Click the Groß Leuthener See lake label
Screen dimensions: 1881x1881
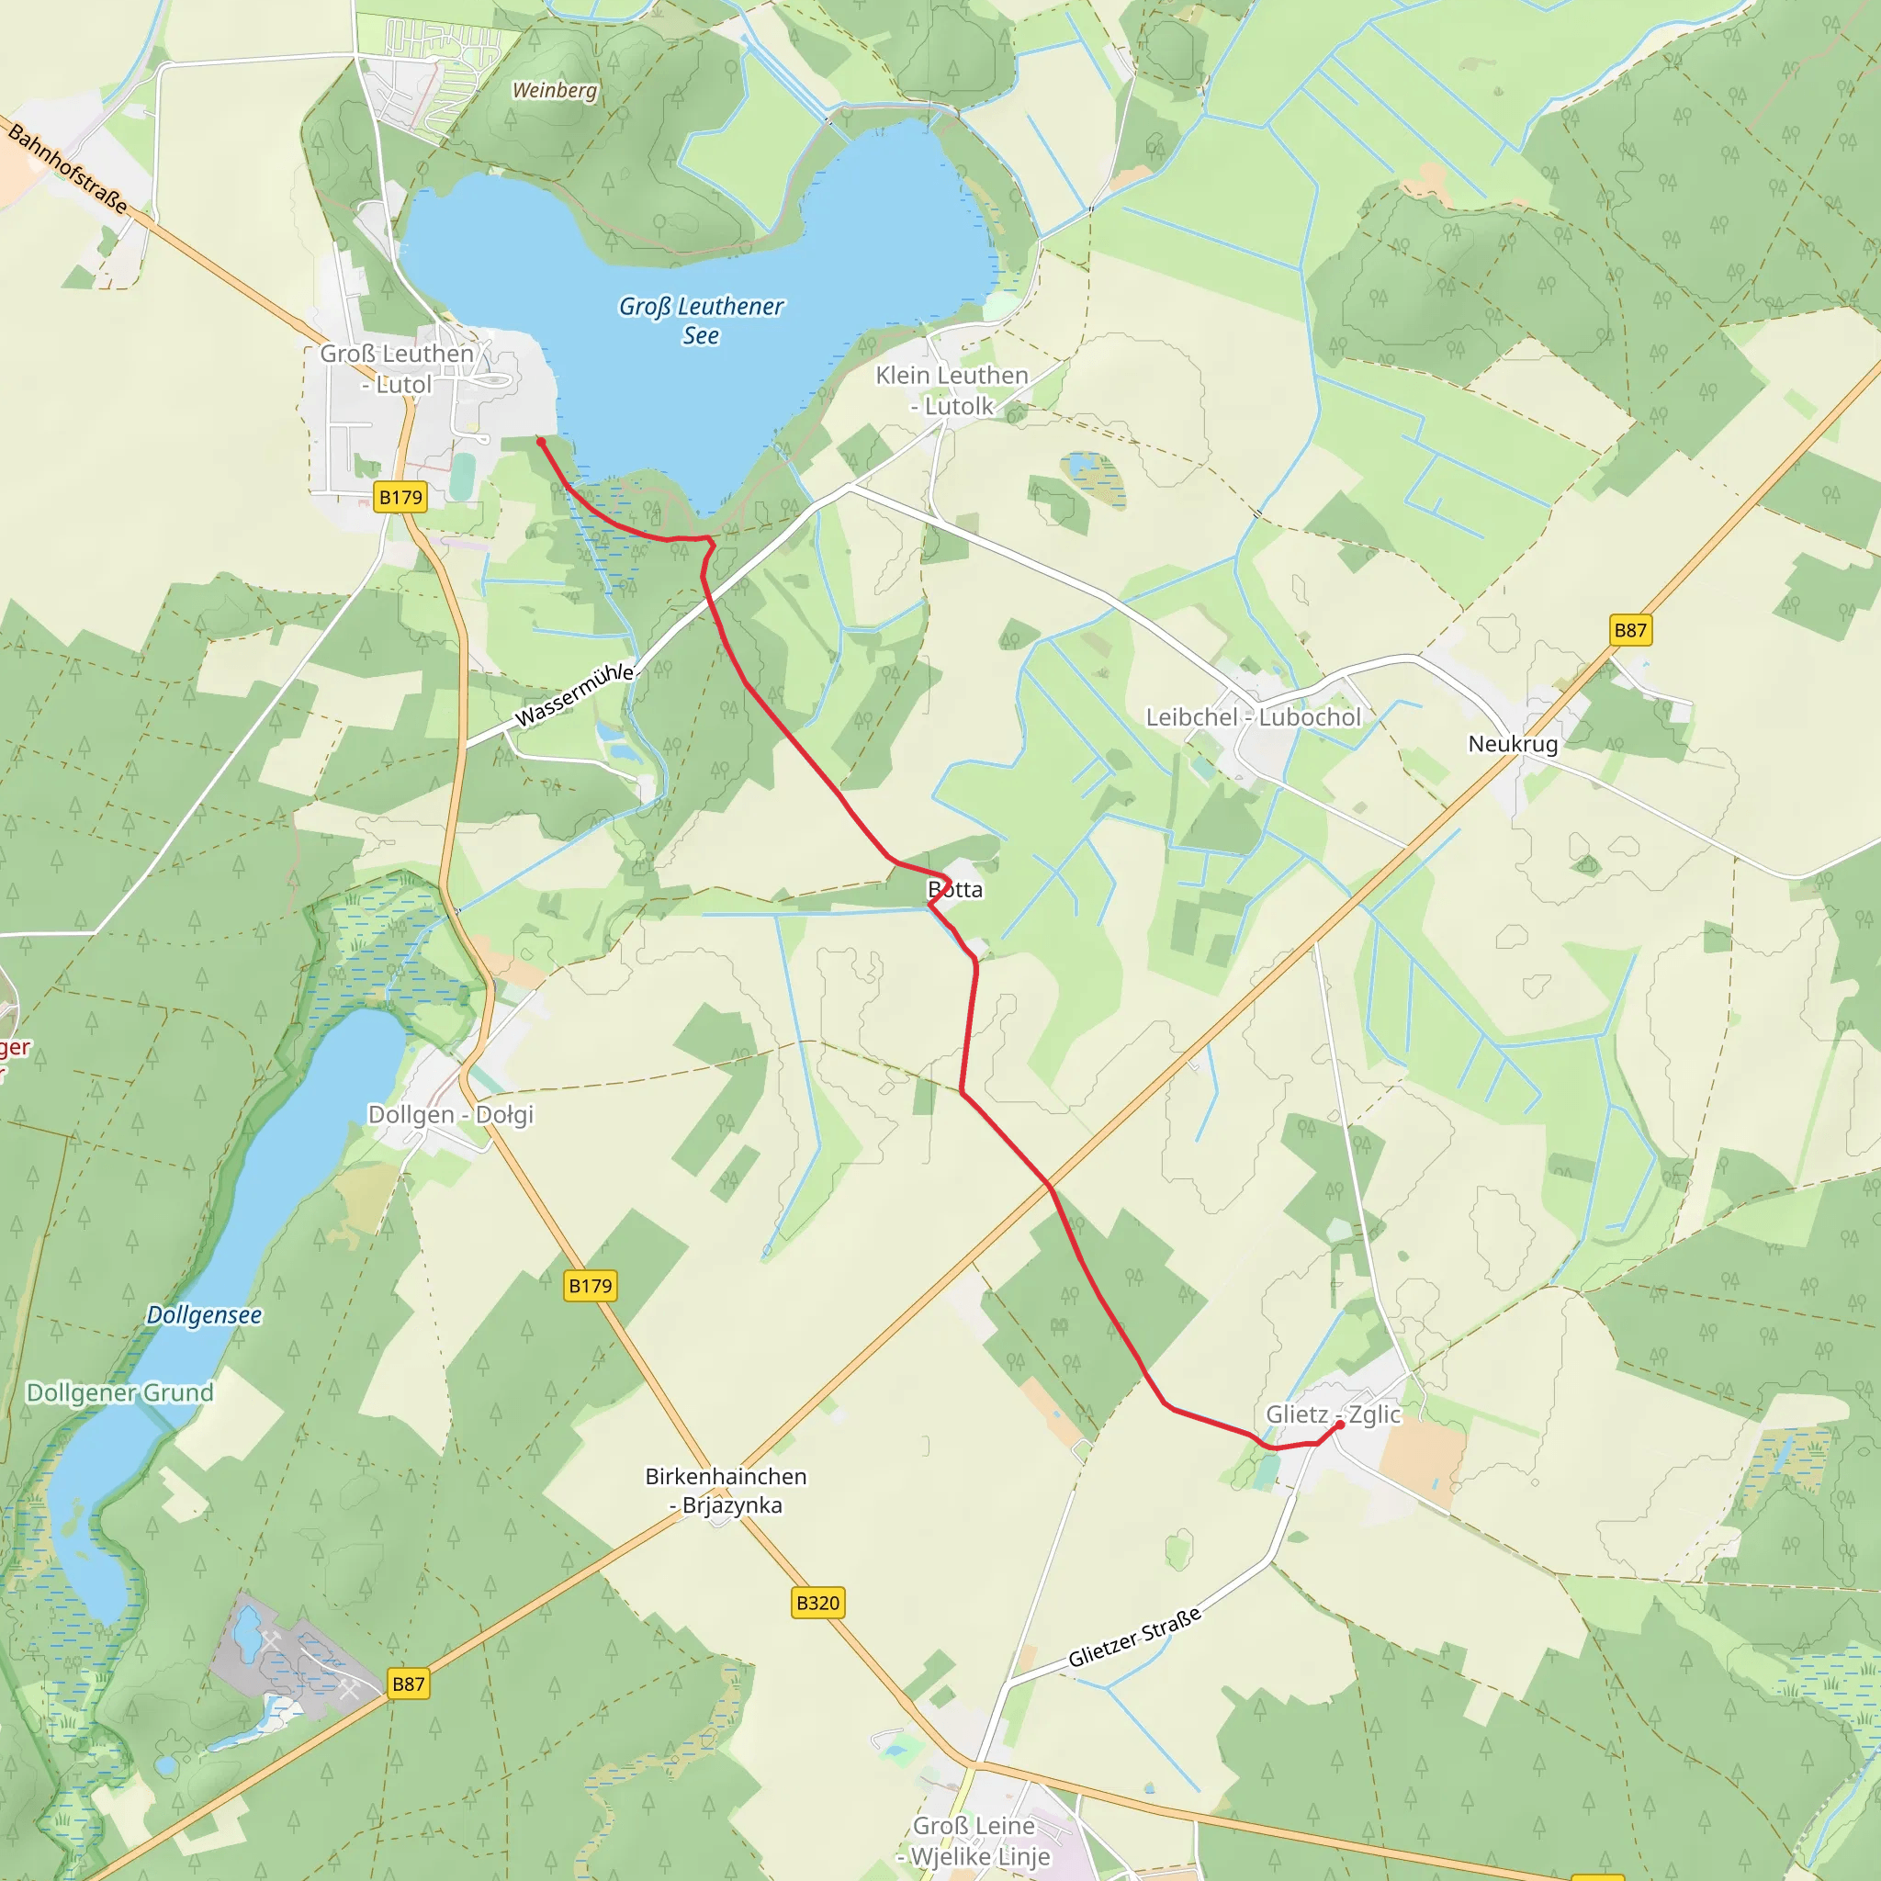point(701,321)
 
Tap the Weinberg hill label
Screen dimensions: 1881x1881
point(554,91)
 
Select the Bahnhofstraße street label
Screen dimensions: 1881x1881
point(67,167)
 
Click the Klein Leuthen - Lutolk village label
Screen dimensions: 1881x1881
point(952,390)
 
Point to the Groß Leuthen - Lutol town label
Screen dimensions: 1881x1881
point(396,369)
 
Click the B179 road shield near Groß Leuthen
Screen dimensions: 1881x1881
point(400,498)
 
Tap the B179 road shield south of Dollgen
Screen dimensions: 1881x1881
point(590,1285)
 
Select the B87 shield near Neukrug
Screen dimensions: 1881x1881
point(1630,630)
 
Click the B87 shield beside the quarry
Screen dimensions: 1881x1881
point(408,1684)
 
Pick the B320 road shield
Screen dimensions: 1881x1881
point(817,1603)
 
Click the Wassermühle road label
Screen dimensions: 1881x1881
point(574,695)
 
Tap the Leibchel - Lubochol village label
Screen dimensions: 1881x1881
point(1252,717)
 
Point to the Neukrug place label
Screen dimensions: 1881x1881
point(1512,744)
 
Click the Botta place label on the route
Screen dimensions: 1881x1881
point(955,889)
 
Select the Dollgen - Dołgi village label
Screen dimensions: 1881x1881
point(451,1115)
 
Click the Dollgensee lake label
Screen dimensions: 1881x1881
point(204,1315)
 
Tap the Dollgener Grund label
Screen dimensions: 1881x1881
point(119,1392)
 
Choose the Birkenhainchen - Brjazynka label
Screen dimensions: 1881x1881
point(726,1491)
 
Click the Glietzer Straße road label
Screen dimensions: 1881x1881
point(1134,1638)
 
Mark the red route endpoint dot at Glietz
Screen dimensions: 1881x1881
point(1340,1425)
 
